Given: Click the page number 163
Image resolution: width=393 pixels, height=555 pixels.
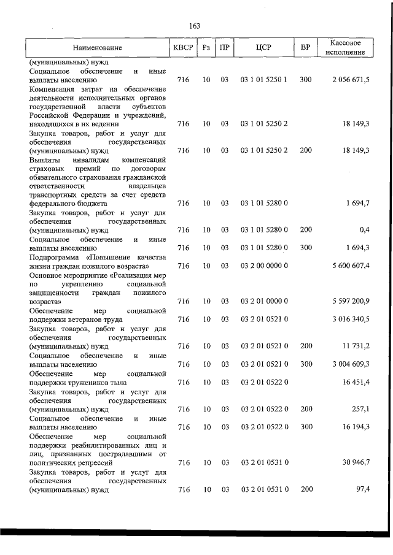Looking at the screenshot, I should click(x=195, y=26).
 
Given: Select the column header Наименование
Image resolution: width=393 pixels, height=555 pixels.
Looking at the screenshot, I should click(x=97, y=48).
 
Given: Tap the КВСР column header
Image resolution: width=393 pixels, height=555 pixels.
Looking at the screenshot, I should click(x=182, y=48).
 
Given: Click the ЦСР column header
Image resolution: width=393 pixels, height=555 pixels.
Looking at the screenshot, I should click(x=264, y=48).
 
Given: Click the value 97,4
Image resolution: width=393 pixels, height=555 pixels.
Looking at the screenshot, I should click(x=361, y=489).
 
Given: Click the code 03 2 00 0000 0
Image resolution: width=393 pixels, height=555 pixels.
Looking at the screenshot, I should click(x=264, y=266).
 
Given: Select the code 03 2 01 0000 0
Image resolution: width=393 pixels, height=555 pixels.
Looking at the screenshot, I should click(x=264, y=301).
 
